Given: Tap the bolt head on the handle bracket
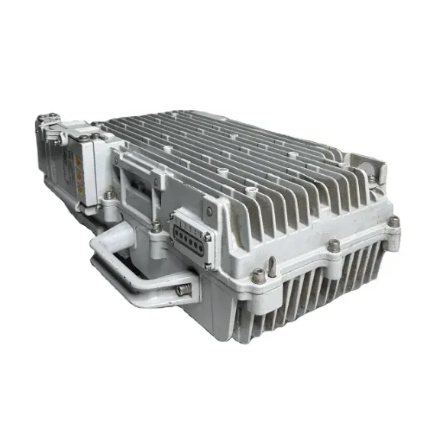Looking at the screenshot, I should click(x=183, y=289).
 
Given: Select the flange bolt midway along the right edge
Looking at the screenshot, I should click(x=334, y=245).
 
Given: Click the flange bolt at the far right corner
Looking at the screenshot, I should click(x=393, y=221).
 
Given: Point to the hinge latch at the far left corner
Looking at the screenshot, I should click(x=47, y=122).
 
